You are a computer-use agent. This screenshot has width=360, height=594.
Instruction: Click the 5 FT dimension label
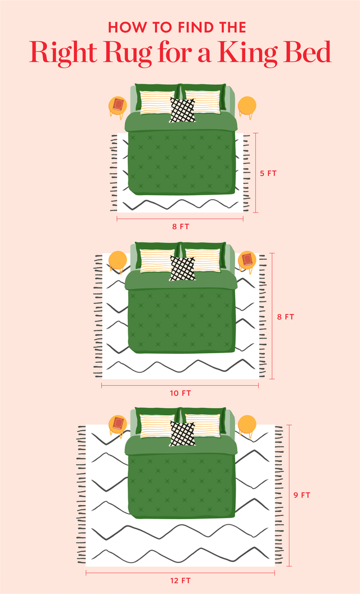coord(268,173)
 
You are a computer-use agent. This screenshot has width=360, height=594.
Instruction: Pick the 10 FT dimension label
coord(180,393)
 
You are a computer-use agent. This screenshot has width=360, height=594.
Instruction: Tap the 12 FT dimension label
coord(180,580)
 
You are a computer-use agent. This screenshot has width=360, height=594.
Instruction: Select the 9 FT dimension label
coord(302,495)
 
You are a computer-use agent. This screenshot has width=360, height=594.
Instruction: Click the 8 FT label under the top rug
coord(180,227)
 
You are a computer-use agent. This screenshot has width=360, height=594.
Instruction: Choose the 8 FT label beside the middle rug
coord(285,317)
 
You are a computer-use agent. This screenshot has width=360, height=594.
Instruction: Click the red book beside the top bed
coord(118,105)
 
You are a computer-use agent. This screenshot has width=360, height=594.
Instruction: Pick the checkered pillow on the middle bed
coord(183,268)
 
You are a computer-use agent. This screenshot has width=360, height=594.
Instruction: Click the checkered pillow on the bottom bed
coord(183,433)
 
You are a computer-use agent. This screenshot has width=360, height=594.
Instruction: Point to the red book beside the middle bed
coord(247,260)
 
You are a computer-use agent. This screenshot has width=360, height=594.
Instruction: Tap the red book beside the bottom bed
coord(118,424)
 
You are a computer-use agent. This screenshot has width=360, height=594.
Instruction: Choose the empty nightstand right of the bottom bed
coord(247,425)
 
